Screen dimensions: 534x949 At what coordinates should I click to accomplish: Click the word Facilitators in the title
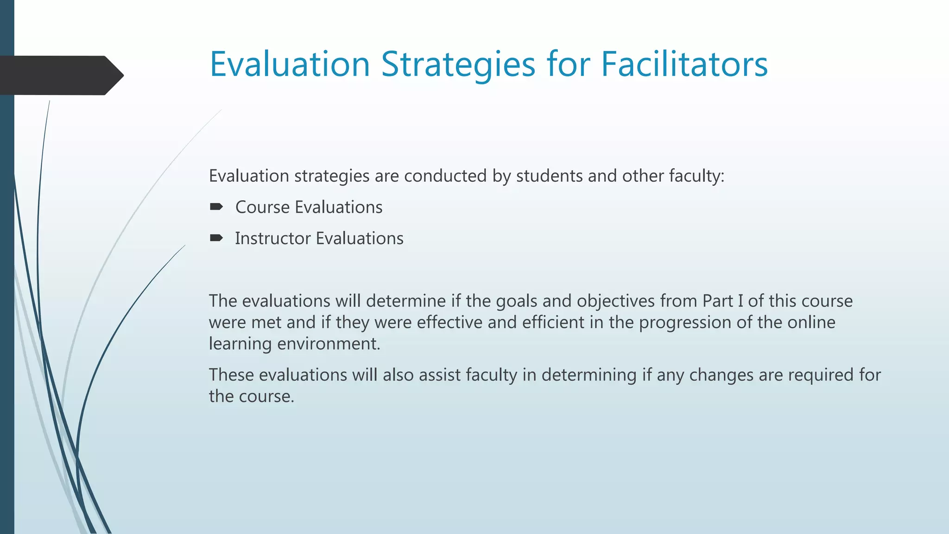click(x=684, y=64)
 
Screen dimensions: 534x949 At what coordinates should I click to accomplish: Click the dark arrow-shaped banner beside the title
click(x=60, y=75)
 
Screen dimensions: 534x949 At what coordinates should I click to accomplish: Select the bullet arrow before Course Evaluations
click(x=216, y=207)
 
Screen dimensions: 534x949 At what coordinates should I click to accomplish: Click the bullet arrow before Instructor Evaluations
click(x=216, y=238)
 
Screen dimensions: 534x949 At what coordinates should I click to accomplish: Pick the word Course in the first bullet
click(x=262, y=207)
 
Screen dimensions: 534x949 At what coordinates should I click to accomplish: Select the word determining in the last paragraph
click(x=589, y=375)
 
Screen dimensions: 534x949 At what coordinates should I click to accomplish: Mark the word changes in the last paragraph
click(x=721, y=375)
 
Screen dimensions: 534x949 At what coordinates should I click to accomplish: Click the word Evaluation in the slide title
click(x=290, y=64)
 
